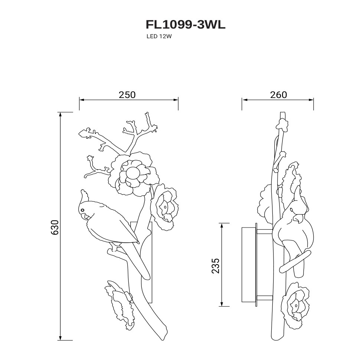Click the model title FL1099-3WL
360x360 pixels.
click(x=185, y=25)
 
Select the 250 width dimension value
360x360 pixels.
click(x=127, y=95)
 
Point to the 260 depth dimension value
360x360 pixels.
click(x=278, y=95)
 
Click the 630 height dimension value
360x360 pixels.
click(x=55, y=227)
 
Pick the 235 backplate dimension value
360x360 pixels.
click(x=216, y=266)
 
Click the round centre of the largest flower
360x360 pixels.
click(x=132, y=172)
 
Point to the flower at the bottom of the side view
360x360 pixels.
click(x=295, y=305)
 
